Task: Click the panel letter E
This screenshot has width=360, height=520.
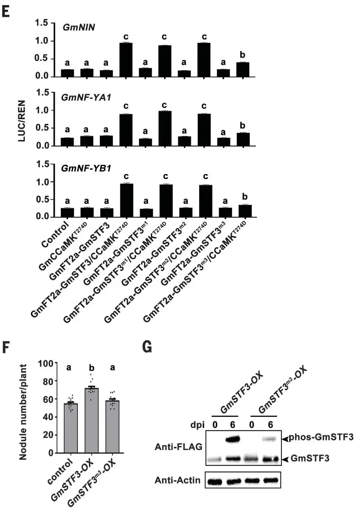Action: coord(6,11)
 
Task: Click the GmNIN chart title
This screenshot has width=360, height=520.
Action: coord(78,28)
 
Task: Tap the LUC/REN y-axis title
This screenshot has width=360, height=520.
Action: coord(22,121)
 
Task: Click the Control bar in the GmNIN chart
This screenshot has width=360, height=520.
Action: coord(67,73)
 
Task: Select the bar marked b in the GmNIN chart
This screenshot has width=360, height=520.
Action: coord(243,69)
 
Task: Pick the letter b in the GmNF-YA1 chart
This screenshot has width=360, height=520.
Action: coord(243,126)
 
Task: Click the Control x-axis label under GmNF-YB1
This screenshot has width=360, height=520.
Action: coord(56,234)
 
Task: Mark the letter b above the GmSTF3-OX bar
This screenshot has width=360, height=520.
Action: coord(91,368)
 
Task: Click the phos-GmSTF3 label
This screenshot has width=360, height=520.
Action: coord(321,437)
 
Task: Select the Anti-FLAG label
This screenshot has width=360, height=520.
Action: coord(178,447)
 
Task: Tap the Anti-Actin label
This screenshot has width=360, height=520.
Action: coord(178,480)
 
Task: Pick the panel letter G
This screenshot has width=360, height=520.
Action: coord(147,347)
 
